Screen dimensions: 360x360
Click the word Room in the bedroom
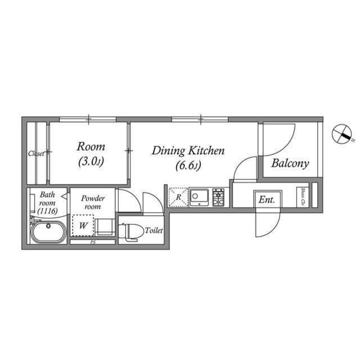[x=91, y=147]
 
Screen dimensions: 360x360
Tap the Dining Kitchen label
[x=188, y=151]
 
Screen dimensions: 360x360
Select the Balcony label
[x=290, y=164]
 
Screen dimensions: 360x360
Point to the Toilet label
[x=154, y=230]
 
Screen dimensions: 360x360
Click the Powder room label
[x=93, y=202]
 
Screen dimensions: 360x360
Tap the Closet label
[x=37, y=153]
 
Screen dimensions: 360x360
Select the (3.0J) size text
[x=91, y=163]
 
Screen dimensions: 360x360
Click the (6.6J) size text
[x=188, y=166]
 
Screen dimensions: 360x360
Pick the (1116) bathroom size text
[x=47, y=210]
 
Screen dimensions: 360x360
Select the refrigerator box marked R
[x=178, y=197]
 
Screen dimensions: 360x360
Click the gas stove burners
[x=219, y=197]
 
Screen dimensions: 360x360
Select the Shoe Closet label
[x=303, y=195]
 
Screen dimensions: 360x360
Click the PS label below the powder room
[x=92, y=242]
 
